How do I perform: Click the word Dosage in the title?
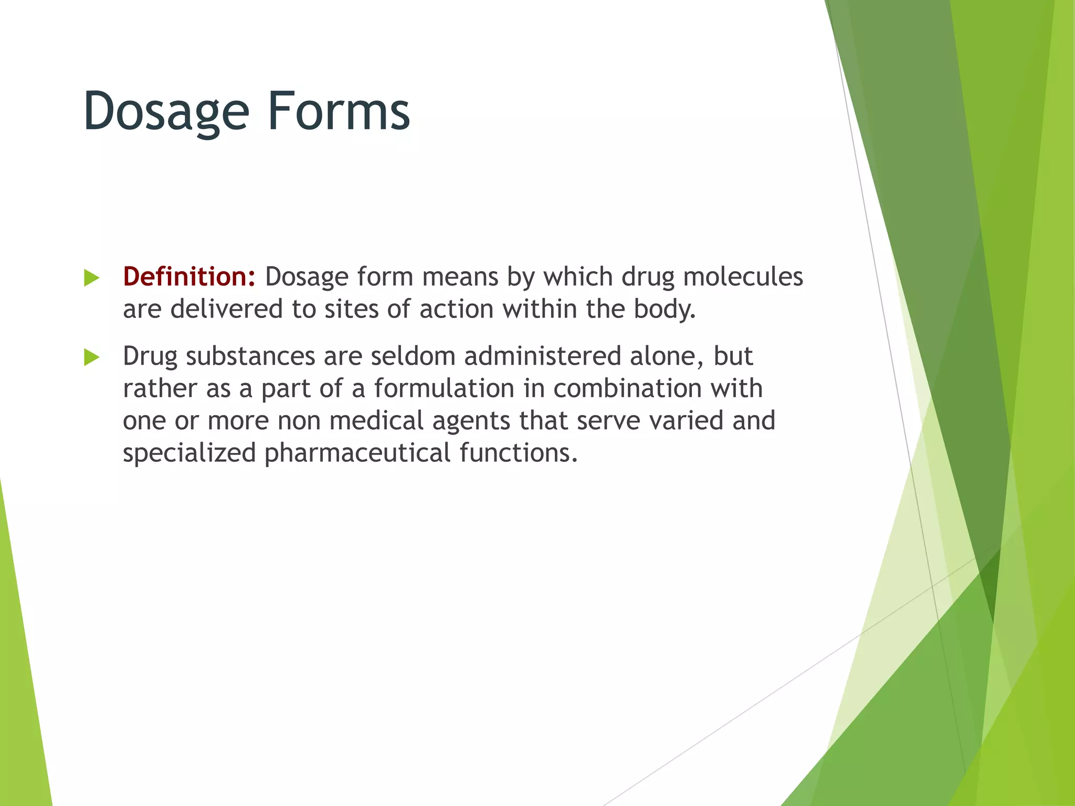pyautogui.click(x=166, y=112)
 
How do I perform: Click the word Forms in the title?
pyautogui.click(x=339, y=112)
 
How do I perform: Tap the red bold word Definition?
pyautogui.click(x=189, y=277)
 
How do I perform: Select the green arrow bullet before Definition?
pyautogui.click(x=91, y=278)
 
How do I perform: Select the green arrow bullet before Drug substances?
pyautogui.click(x=91, y=358)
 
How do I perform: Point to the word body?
pyautogui.click(x=664, y=309)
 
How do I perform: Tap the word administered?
pyautogui.click(x=542, y=356)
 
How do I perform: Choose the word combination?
pyautogui.click(x=627, y=389)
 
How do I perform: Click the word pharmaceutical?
pyautogui.click(x=357, y=453)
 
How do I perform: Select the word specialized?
pyautogui.click(x=189, y=453)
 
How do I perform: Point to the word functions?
pyautogui.click(x=518, y=453)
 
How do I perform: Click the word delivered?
pyautogui.click(x=226, y=309)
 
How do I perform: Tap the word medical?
pyautogui.click(x=376, y=421)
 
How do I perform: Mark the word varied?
pyautogui.click(x=686, y=421)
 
